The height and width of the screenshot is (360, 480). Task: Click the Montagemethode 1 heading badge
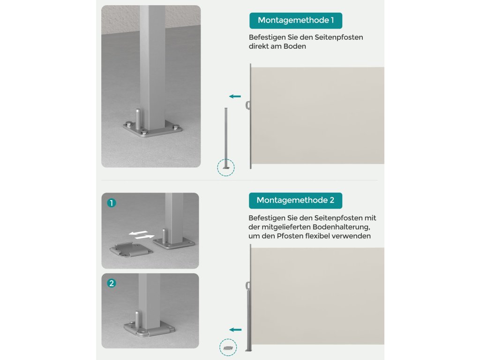[x=296, y=21]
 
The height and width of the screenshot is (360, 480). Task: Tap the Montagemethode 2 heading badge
[x=295, y=201]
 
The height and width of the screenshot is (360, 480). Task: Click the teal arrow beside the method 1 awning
[x=235, y=97]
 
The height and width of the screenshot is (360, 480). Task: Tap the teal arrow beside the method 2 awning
[x=235, y=330]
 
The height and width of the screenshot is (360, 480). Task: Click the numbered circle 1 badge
[x=112, y=203]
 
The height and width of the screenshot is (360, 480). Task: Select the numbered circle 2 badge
[x=112, y=283]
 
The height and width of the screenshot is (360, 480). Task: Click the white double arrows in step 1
[x=142, y=235]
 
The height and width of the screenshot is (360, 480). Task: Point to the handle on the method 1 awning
[x=247, y=105]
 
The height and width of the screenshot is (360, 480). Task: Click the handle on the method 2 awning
[x=247, y=286]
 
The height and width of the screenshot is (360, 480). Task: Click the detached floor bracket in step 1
[x=131, y=249]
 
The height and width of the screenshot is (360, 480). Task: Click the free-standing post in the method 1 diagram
[x=226, y=138]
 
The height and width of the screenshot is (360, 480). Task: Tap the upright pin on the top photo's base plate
[x=138, y=119]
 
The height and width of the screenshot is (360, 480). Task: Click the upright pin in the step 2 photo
[x=137, y=320]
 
